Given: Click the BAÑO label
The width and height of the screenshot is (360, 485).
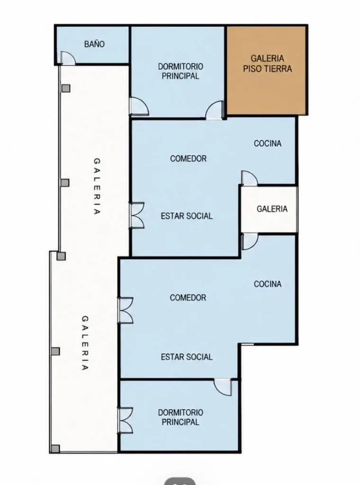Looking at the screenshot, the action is point(94,44).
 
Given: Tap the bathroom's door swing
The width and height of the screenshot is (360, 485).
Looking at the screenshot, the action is point(68,58).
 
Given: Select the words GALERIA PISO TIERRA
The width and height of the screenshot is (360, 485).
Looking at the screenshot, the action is point(267,63).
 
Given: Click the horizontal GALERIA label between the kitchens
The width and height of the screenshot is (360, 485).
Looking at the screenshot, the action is point(272,209).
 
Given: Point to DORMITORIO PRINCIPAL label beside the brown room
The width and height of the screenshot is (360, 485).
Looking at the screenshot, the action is point(180,71).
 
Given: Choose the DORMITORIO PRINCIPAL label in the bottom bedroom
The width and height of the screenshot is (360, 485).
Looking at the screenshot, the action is point(180,417).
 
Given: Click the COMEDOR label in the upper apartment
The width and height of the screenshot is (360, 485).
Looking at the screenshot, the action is point(188,158).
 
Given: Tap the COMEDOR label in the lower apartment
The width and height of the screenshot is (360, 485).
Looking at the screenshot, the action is point(188,297).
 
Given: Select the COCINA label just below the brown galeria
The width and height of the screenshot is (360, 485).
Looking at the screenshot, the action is point(268,143).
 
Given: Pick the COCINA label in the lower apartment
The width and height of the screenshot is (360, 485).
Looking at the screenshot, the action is point(268,284).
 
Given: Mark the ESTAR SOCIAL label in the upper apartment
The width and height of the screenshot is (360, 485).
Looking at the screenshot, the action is point(187,216).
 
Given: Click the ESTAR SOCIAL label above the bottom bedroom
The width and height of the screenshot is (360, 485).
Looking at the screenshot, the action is point(187,357).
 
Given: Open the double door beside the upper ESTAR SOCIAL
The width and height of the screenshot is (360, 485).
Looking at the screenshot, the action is point(137,216).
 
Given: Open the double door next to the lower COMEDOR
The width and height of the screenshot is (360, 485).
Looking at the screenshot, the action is point(125,311).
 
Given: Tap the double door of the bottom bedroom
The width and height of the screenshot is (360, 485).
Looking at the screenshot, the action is point(125,421).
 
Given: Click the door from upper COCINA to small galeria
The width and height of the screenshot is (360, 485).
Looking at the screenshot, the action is point(249,179).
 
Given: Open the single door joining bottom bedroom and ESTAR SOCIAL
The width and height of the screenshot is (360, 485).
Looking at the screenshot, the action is point(223,387).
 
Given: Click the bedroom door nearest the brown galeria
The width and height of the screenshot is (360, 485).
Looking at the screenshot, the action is point(214,110).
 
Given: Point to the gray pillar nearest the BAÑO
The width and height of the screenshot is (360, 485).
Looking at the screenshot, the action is point(66,89).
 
